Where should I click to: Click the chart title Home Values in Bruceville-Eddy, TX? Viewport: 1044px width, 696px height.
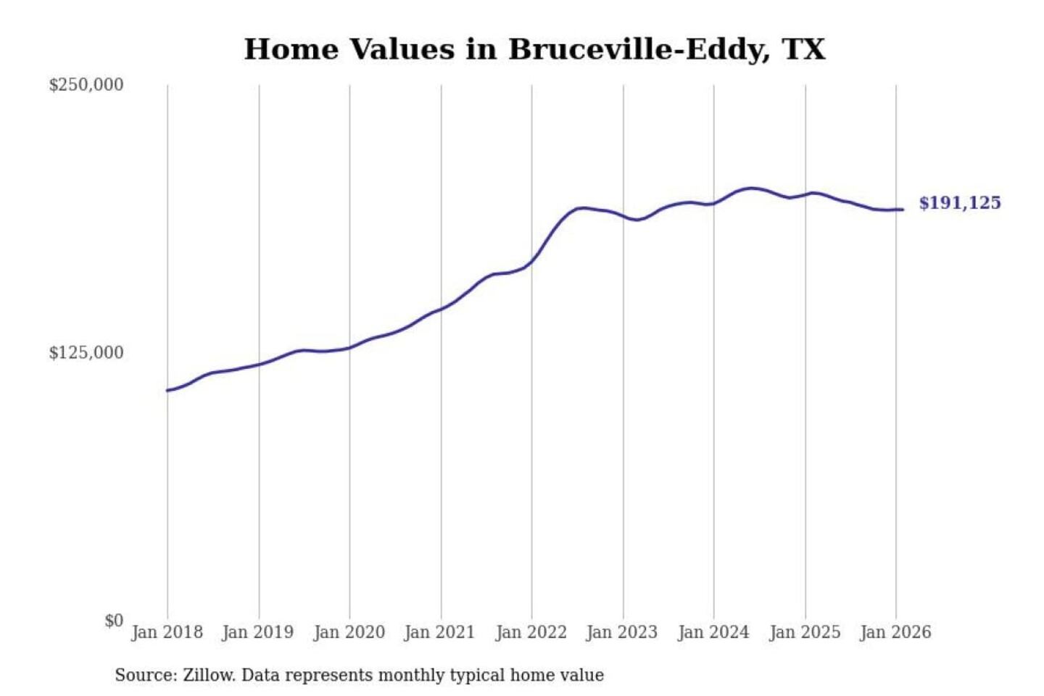[534, 49]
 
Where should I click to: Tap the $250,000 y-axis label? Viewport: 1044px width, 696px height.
[86, 85]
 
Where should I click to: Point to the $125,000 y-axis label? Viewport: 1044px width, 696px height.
[86, 353]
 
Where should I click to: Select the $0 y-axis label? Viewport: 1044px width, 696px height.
[114, 621]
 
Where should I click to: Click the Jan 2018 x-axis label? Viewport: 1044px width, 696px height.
[167, 632]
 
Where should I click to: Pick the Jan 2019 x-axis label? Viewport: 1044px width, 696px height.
[258, 632]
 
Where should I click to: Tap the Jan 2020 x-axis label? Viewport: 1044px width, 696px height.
[349, 632]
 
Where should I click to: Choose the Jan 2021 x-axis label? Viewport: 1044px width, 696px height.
[439, 632]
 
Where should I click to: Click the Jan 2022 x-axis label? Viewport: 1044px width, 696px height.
[531, 632]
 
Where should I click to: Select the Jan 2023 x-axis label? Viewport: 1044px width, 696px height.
[621, 632]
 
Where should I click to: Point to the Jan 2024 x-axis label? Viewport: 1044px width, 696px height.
[713, 632]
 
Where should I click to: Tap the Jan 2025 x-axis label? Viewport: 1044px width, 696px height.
[804, 632]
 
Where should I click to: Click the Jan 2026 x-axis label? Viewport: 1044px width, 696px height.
[895, 632]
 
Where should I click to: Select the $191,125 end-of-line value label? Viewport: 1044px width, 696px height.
[960, 203]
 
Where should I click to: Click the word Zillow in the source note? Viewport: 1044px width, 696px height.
[208, 676]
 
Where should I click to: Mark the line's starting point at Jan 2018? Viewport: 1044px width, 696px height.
[167, 391]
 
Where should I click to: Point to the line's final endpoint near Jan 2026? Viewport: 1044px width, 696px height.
[903, 210]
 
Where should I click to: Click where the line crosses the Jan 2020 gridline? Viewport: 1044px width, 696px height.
[349, 348]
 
